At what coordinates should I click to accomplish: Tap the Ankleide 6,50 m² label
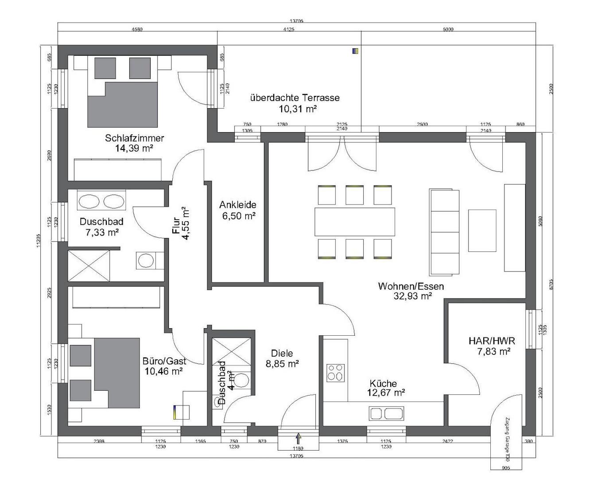click(237, 210)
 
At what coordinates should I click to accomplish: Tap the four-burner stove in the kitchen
click(335, 373)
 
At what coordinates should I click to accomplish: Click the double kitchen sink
click(386, 413)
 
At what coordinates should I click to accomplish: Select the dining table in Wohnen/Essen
click(354, 222)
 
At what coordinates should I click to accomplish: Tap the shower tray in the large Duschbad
click(89, 266)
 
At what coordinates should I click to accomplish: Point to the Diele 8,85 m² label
click(282, 358)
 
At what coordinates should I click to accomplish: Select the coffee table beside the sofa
click(482, 231)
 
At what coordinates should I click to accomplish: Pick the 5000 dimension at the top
click(448, 30)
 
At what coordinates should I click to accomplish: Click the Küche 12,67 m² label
click(386, 388)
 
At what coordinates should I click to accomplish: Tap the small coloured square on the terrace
click(355, 51)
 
